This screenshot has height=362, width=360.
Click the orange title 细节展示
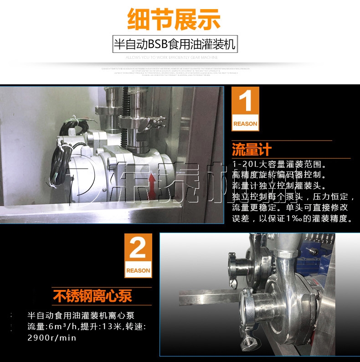[x=174, y=20]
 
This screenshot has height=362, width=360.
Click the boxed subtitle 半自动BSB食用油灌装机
[x=175, y=44]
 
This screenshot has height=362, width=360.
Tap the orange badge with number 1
[x=245, y=109]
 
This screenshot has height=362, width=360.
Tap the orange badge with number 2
[x=138, y=255]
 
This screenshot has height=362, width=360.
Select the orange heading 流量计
[x=252, y=149]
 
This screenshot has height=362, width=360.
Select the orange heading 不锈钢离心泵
[x=93, y=296]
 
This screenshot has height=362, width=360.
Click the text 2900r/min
[x=52, y=338]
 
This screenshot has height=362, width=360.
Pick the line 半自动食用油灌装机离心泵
[x=81, y=315]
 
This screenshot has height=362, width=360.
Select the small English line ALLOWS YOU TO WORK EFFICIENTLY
[x=172, y=57]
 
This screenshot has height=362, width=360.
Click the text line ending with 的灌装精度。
[x=292, y=218]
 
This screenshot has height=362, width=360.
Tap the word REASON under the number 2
[x=138, y=270]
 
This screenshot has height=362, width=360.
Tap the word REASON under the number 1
[x=245, y=124]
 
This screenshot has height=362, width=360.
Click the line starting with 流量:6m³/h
[x=87, y=326]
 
